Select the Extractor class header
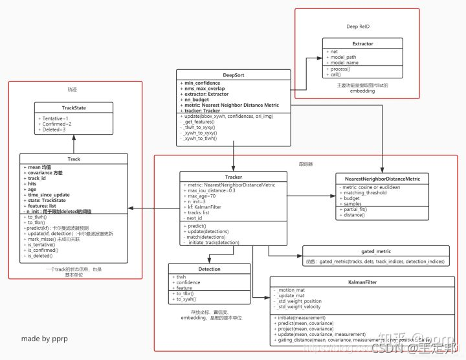[x=362, y=44]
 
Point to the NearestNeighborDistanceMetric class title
[x=382, y=177]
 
